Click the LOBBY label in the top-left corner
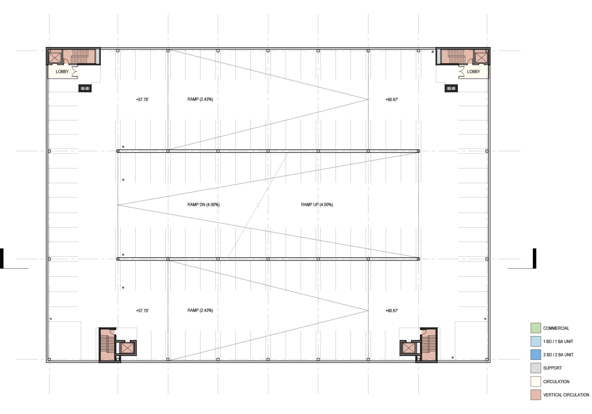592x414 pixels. [x=62, y=72]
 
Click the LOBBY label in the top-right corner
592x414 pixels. [x=473, y=72]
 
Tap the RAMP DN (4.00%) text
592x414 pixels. [x=203, y=205]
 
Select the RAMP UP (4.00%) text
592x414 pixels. [x=317, y=205]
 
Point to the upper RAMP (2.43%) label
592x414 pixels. [x=200, y=99]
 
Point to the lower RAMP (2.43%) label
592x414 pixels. [x=200, y=310]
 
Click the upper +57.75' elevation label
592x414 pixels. [x=142, y=100]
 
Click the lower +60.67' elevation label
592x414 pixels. [x=392, y=311]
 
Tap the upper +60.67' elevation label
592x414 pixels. [x=392, y=100]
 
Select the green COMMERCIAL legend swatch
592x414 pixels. [x=536, y=328]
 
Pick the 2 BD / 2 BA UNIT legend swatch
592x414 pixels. [x=536, y=355]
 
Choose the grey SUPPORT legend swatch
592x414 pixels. [x=536, y=368]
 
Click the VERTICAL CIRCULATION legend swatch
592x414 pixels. [x=536, y=395]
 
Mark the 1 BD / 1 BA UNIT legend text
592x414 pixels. [x=558, y=341]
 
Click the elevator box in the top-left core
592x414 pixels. [x=55, y=57]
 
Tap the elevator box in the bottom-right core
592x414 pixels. [x=408, y=348]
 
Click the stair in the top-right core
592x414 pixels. [x=456, y=56]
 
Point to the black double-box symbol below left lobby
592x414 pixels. [x=85, y=88]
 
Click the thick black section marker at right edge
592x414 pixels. [x=535, y=258]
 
